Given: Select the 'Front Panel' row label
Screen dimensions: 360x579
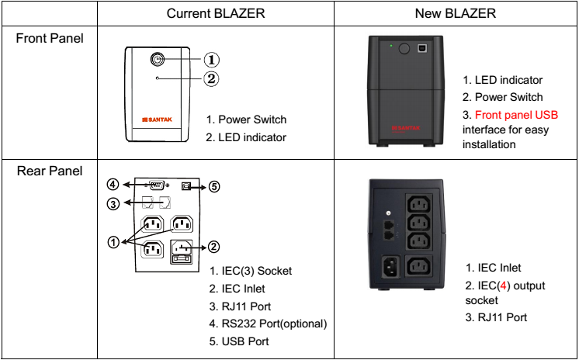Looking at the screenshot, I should [x=50, y=38].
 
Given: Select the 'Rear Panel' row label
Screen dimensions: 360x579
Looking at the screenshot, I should [x=48, y=170].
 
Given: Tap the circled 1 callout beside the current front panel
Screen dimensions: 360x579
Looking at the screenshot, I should [x=212, y=59].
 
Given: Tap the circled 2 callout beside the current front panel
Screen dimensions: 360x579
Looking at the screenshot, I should [x=212, y=78].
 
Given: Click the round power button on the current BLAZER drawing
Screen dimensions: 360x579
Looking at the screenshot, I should [x=158, y=59].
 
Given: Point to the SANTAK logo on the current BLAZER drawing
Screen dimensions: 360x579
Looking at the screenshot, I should [x=158, y=119].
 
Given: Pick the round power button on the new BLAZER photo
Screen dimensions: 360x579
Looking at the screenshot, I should [x=404, y=48].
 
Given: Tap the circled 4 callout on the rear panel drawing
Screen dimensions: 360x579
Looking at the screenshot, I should [x=113, y=185].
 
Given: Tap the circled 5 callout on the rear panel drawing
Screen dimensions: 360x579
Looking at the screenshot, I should [x=215, y=186].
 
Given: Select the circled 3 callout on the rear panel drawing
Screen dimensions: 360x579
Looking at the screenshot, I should [x=113, y=204].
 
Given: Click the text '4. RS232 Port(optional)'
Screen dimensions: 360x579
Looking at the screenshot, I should [x=269, y=323].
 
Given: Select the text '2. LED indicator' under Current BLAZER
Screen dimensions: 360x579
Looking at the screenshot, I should [x=246, y=137].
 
